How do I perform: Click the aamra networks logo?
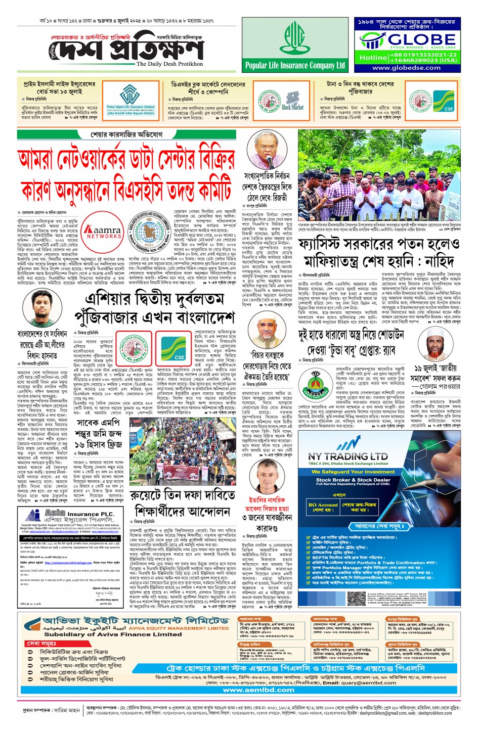coord(104,233)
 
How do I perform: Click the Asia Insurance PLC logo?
coord(71,516)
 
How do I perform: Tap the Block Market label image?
coord(292,101)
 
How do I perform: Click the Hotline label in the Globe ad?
coord(373,58)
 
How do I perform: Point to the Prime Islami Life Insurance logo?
coord(130,99)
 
